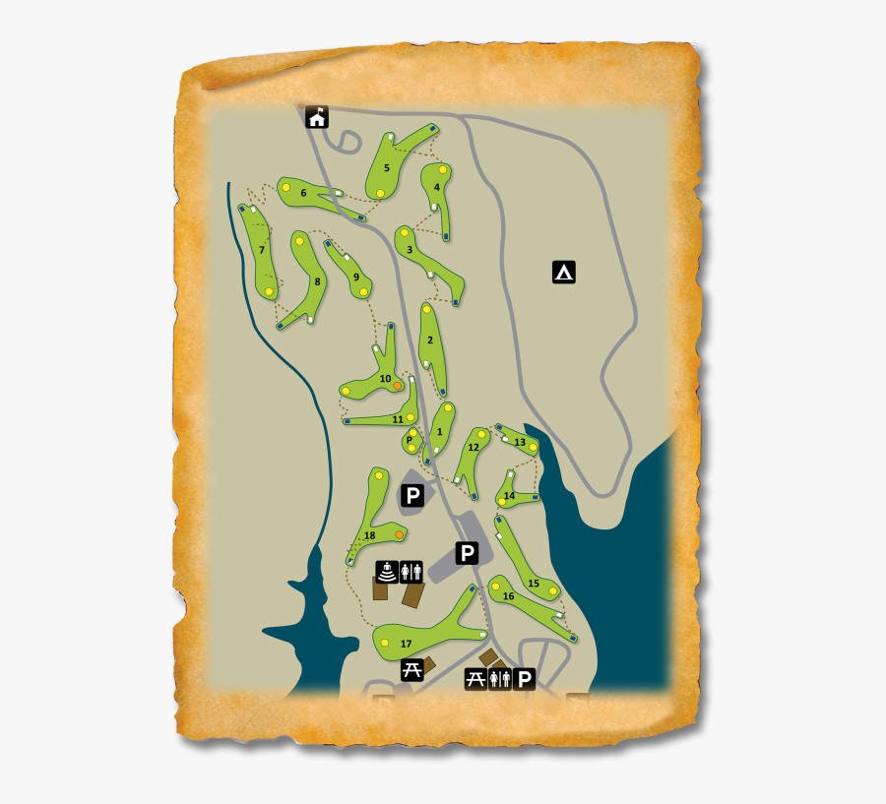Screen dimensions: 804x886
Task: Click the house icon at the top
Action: coord(317,118)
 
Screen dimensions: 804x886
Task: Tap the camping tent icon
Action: coord(564,272)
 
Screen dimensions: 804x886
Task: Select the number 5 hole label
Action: coord(387,168)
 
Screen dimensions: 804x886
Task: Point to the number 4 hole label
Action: coord(436,187)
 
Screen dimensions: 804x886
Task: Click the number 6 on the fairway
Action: coord(304,193)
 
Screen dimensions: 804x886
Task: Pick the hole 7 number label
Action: coord(262,250)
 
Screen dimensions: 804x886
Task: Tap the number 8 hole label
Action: coord(317,281)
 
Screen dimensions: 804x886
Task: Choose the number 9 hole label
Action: coord(355,278)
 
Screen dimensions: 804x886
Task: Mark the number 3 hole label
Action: coord(410,250)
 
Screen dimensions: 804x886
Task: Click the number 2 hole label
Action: coord(430,340)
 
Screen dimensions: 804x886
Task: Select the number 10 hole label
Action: coord(385,379)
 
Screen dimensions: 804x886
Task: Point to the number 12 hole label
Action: coord(474,448)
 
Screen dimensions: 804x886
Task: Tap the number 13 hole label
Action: coord(520,442)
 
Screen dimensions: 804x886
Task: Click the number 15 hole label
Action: coord(533,584)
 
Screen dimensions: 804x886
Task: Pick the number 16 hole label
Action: coord(508,596)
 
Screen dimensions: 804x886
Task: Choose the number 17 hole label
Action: coord(406,644)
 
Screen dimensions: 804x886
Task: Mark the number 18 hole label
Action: coord(369,536)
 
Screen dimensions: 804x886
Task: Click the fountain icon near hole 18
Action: coord(388,572)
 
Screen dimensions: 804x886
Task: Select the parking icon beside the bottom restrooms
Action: coord(525,678)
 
